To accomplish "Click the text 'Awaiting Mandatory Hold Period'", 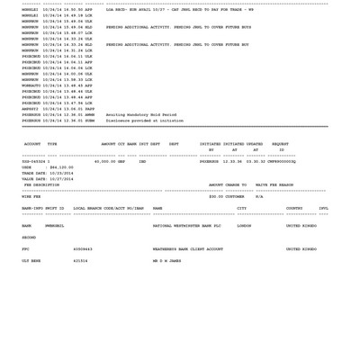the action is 141,115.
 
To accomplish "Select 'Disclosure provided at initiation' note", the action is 144,121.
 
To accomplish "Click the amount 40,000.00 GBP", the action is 110,162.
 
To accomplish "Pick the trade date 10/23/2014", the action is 61,173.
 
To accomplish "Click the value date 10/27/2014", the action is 61,179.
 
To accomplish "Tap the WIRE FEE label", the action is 31,196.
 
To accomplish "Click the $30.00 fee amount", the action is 216,196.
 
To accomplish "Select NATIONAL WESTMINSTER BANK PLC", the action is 186,226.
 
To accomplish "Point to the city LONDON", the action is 244,226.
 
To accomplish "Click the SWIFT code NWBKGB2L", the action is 55,226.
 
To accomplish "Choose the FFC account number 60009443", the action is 83,249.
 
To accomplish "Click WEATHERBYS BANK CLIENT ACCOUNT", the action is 187,249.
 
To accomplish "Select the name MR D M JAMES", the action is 166,261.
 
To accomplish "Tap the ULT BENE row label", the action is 31,261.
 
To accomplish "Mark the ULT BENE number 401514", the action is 81,261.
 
